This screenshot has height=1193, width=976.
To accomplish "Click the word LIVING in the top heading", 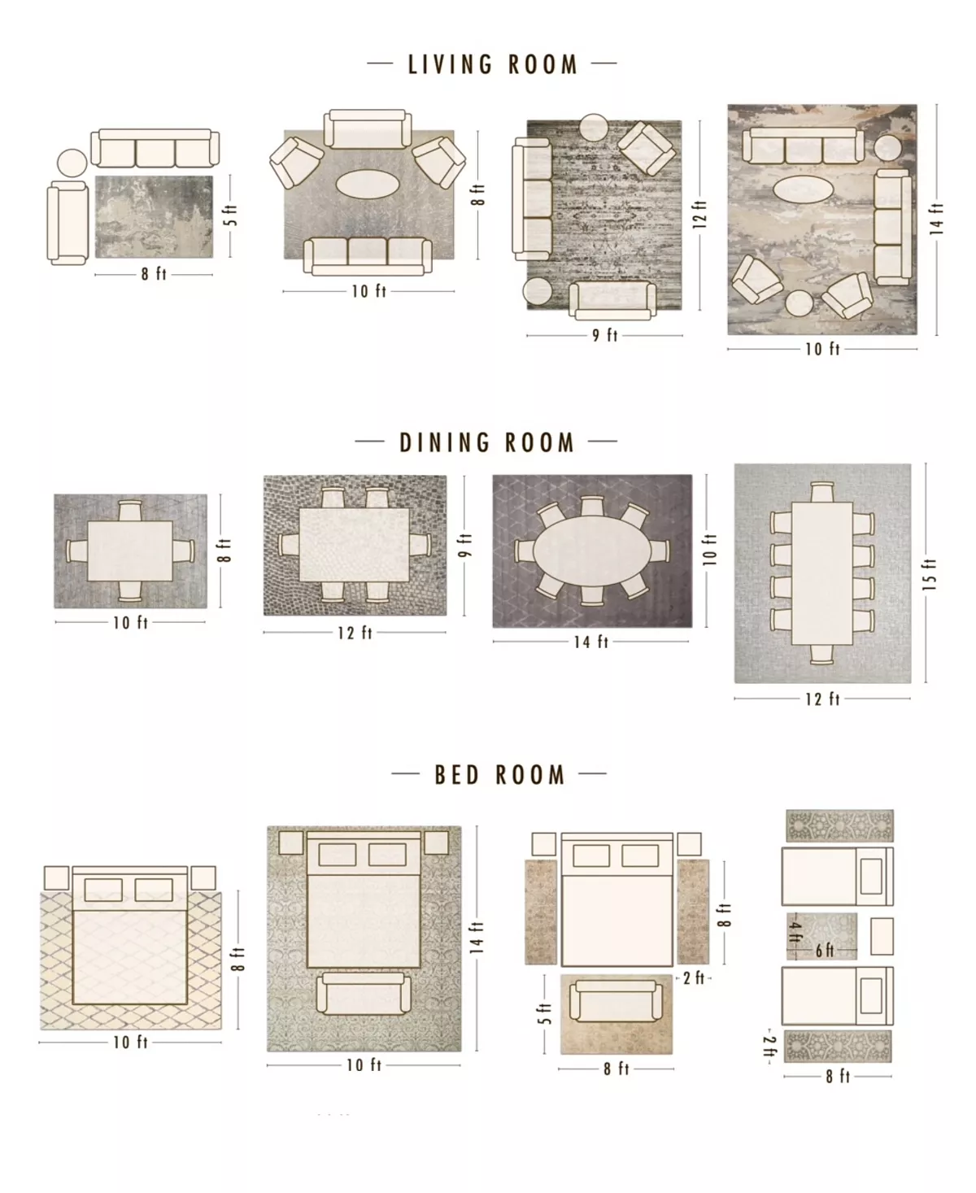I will (x=450, y=64).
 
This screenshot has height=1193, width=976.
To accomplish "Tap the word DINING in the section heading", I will (x=445, y=443).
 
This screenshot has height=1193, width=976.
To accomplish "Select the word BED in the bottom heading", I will (x=456, y=774).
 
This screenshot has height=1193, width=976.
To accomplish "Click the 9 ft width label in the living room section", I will (x=604, y=335).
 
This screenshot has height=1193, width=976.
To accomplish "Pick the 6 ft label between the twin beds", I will (x=825, y=950).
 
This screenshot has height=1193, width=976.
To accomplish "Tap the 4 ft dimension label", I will (x=795, y=931).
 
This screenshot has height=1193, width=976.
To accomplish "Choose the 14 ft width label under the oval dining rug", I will (x=591, y=642).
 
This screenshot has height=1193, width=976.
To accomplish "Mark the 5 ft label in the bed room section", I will (x=544, y=1013).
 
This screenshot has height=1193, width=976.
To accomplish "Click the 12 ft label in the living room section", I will (x=699, y=215).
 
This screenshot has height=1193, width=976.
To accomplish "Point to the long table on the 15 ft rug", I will (x=822, y=573).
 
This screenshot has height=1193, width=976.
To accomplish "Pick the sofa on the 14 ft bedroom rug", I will (x=364, y=993).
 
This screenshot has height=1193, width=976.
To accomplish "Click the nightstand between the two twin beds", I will (x=882, y=936).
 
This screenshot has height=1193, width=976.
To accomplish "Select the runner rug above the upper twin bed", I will (x=839, y=825).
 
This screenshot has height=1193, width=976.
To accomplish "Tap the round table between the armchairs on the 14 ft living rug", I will (x=799, y=304).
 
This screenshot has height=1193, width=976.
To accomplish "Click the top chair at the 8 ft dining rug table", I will (x=130, y=511).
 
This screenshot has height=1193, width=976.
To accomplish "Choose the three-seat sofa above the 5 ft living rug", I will (x=155, y=149).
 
